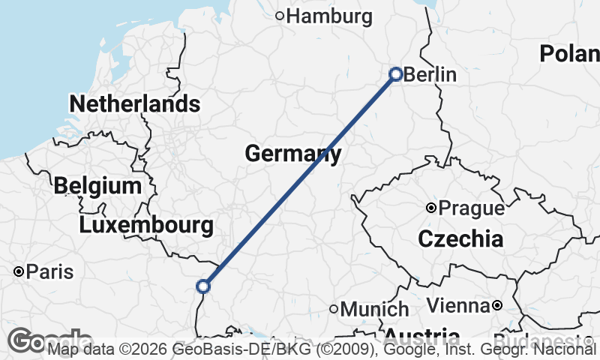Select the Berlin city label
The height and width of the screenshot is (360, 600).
430,75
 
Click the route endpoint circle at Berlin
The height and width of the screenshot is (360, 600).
396,73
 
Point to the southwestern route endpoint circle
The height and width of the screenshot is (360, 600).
202,286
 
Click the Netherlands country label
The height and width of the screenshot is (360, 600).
135,103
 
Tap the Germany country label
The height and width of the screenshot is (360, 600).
293,154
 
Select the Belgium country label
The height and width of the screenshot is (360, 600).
97,185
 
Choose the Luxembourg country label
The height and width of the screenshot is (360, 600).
146,224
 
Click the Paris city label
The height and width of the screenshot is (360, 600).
49,271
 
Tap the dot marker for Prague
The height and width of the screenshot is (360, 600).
431,208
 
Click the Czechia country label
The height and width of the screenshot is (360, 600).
460,239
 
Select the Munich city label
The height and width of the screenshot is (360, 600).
374,309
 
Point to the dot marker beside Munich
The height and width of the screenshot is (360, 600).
334,308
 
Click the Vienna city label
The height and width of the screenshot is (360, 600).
459,305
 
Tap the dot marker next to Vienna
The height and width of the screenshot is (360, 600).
497,305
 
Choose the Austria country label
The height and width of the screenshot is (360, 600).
423,335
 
